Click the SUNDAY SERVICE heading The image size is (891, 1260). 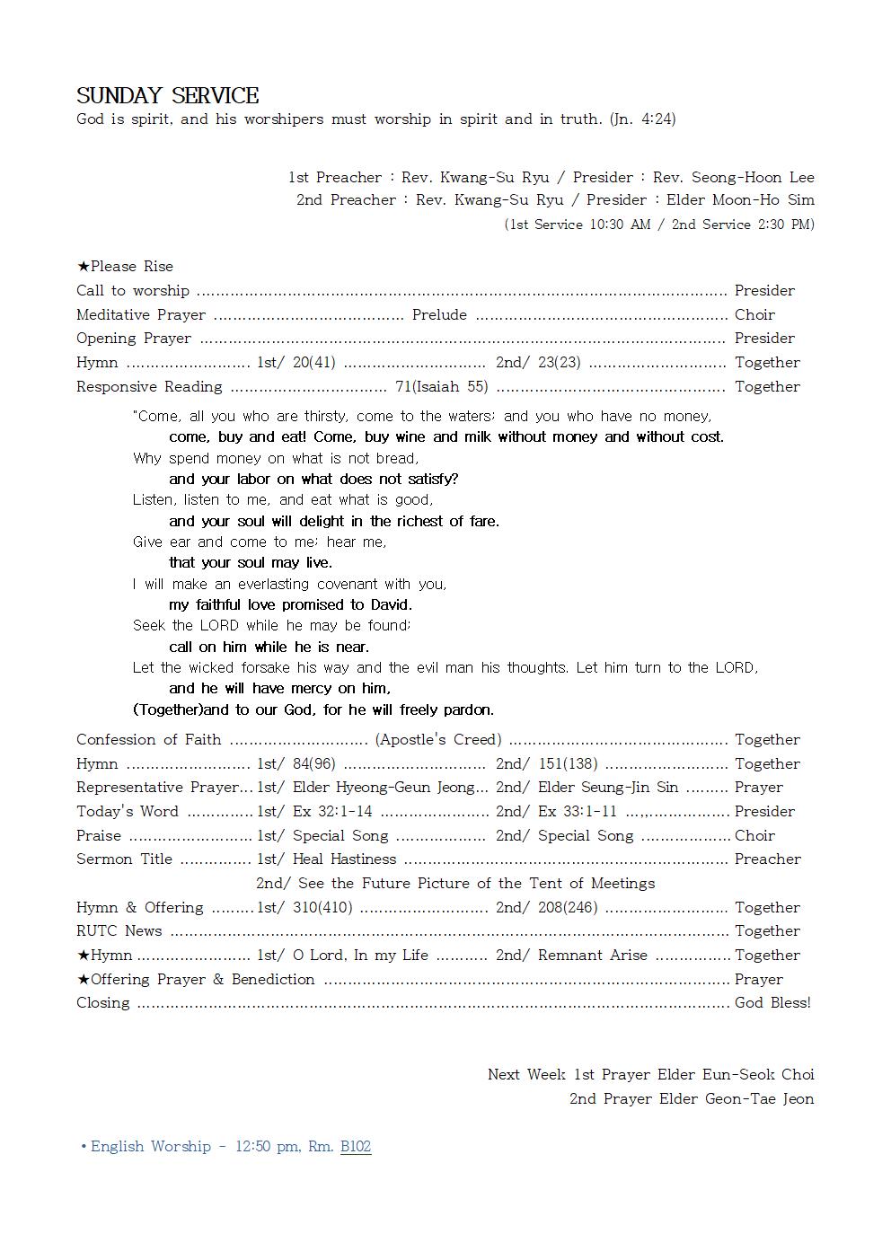[167, 96]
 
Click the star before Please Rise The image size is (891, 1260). [83, 267]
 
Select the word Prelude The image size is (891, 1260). [439, 314]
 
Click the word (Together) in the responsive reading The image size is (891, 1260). [169, 709]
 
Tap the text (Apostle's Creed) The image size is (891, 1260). [438, 739]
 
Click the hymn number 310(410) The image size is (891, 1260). [322, 907]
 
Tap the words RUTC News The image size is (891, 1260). [119, 930]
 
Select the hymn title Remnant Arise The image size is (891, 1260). [592, 955]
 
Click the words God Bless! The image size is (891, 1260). [772, 1002]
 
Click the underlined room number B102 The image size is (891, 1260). [356, 1146]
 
